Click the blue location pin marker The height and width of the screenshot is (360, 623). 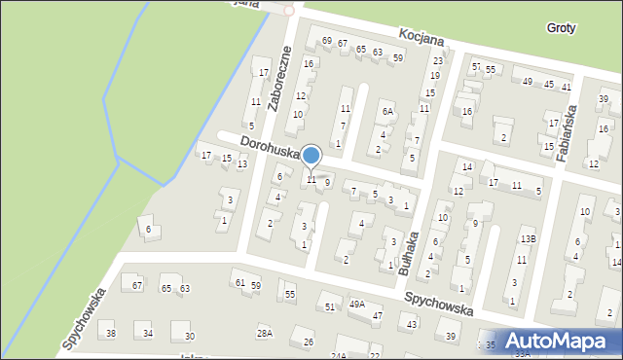point(311,157)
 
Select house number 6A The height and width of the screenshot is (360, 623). point(387,112)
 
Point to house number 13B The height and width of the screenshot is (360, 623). point(527,238)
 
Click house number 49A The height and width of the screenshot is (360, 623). point(357,305)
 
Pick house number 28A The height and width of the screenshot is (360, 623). point(264,334)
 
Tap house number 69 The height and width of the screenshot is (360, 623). point(327,41)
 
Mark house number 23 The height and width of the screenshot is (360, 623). point(437,61)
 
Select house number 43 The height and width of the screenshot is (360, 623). point(413,324)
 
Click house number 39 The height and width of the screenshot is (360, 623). point(451,337)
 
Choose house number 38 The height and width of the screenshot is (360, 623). point(111,334)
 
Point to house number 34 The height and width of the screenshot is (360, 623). point(148,334)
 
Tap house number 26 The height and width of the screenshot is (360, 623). point(309,342)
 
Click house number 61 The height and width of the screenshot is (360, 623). point(238,282)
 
